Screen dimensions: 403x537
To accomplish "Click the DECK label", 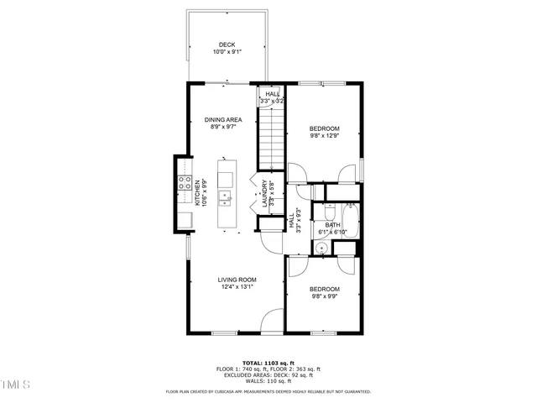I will [227, 44].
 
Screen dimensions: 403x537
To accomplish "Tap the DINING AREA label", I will [223, 120].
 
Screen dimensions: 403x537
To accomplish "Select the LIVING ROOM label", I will [237, 280].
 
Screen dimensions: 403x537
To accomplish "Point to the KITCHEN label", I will [198, 193].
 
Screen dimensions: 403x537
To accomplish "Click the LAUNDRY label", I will [264, 193].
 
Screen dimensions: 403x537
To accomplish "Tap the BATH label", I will [332, 224].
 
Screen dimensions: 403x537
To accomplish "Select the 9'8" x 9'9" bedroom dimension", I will [324, 296].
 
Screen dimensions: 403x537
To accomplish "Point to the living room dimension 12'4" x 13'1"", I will [237, 287].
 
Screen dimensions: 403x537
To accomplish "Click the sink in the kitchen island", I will [226, 198].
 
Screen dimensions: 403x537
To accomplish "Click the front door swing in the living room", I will [273, 322].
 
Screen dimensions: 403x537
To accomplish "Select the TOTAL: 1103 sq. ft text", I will [268, 363].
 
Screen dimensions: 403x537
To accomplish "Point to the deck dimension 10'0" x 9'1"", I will [227, 52].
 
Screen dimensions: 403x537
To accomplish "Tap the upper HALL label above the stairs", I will [274, 94].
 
